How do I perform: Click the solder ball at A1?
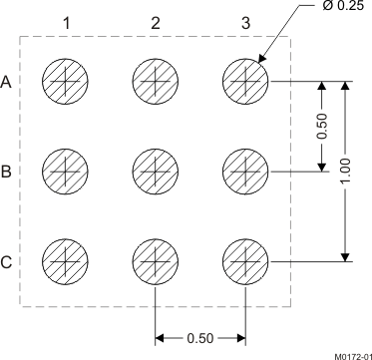pos(65,80)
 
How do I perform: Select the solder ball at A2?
pos(156,80)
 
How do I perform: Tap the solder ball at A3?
pos(245,80)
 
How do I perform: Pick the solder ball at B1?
pos(65,171)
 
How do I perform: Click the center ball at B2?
pos(156,171)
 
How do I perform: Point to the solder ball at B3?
pos(245,171)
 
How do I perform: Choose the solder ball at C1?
pos(65,261)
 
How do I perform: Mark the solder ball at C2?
pos(156,261)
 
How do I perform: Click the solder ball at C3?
pos(245,261)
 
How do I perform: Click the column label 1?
pos(65,22)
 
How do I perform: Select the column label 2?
pos(156,22)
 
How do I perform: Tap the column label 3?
pos(245,22)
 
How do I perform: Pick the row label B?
pos(7,173)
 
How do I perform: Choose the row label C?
pos(7,263)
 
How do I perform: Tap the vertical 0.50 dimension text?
pos(321,126)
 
